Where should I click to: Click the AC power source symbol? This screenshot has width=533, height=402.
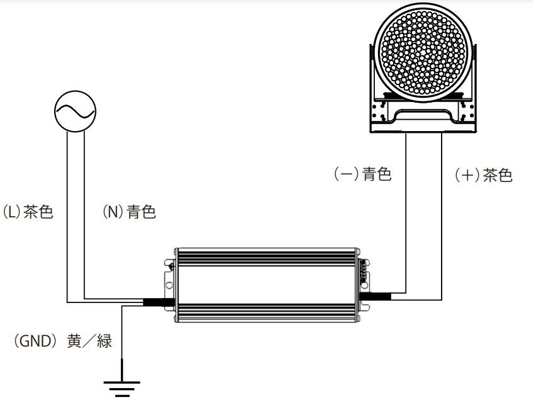coord(75,112)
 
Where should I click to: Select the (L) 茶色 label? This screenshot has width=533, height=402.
coord(28,212)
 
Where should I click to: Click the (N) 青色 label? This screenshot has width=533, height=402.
coord(129,212)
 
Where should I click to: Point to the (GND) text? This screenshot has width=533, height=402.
coord(34,341)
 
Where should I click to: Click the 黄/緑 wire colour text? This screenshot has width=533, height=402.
coord(89,341)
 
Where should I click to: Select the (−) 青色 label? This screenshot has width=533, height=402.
coord(362,174)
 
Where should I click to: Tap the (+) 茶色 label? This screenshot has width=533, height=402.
coord(483,175)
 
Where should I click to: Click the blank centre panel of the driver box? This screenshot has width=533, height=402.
coord(267,285)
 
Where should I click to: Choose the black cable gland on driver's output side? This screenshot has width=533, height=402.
coord(375,296)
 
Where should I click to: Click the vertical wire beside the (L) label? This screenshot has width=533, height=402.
coord(67,217)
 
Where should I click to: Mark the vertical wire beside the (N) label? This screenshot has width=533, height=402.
coord(84,215)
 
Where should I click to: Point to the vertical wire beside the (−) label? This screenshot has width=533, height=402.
coord(406,213)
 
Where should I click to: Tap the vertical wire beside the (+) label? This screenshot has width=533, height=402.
coord(442,217)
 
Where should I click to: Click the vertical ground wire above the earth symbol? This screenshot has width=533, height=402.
coord(122,343)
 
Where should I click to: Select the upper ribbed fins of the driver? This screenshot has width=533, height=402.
coord(267,257)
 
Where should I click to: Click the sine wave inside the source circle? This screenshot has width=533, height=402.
coord(75,112)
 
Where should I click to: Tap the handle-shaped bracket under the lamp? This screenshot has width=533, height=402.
coord(423,117)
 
